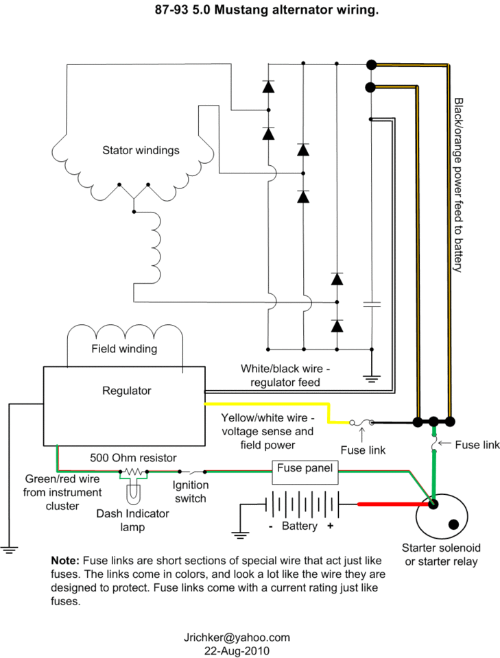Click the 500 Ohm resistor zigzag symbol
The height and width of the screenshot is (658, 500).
[134, 472]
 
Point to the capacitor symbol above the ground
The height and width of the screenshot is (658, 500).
[372, 304]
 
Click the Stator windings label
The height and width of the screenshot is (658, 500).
[141, 150]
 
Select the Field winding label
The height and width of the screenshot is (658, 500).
[124, 349]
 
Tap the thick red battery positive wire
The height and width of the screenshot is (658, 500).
[394, 504]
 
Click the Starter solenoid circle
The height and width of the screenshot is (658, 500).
[416, 517]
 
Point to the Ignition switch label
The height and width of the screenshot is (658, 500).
[190, 492]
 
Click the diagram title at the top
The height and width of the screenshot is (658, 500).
[267, 10]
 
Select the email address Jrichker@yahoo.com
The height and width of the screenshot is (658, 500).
[237, 637]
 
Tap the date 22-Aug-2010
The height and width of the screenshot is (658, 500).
[237, 651]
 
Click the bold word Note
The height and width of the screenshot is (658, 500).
[65, 561]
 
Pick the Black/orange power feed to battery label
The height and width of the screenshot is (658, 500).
[458, 185]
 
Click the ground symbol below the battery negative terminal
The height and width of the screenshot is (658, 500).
[240, 535]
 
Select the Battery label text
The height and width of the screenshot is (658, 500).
[300, 526]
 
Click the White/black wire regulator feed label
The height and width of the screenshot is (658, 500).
[285, 376]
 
